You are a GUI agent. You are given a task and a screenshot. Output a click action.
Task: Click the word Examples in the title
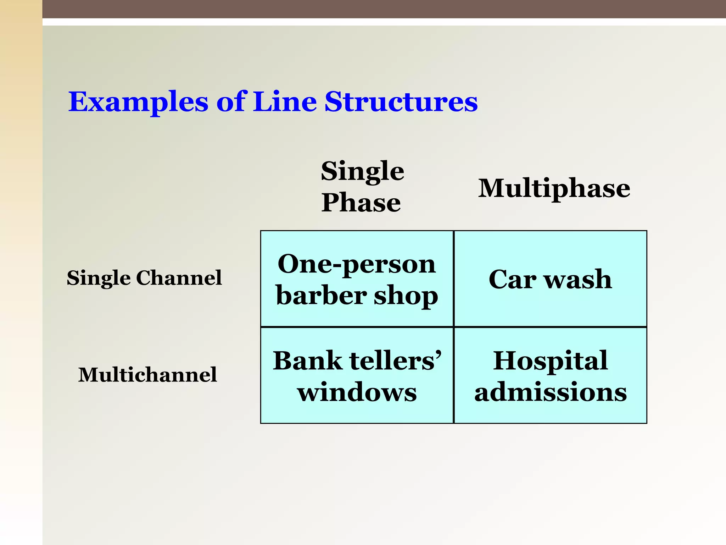138,102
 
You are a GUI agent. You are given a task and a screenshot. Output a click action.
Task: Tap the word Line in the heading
285,101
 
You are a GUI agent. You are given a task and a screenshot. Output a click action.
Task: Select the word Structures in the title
401,101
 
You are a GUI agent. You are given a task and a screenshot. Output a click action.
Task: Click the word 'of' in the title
231,101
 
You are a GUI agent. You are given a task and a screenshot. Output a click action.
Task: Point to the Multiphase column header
554,188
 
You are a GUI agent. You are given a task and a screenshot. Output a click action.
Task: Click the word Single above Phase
362,171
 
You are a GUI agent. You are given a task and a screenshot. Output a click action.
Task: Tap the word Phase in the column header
361,202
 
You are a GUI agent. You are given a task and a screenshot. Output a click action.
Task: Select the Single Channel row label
144,277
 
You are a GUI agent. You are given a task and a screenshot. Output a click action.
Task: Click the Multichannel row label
147,375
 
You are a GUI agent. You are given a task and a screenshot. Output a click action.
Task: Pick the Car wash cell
550,279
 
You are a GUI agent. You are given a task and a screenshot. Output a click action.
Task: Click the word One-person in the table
357,264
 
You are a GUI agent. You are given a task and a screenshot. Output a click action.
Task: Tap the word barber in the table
322,295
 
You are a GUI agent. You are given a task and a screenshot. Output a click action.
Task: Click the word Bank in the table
308,361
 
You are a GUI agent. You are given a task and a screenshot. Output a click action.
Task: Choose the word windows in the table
357,392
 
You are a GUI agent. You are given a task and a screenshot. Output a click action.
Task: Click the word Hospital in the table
551,361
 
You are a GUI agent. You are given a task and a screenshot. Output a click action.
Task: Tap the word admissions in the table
551,392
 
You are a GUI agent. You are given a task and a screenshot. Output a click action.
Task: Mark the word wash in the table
578,279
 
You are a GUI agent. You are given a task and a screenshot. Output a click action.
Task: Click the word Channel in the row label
179,277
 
